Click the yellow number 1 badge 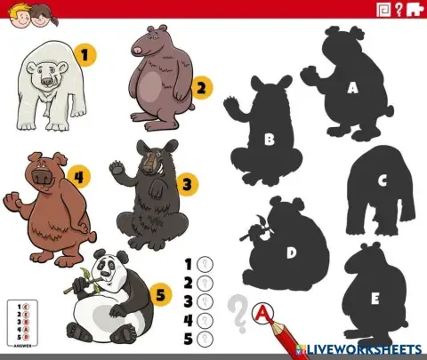(85, 56)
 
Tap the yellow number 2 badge (203, 87)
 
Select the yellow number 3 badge (185, 184)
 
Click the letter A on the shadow (352, 87)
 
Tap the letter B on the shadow (269, 138)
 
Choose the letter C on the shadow (383, 180)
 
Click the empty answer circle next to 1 (205, 263)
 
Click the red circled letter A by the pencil (262, 312)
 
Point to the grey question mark (237, 313)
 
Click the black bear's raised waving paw (118, 167)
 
